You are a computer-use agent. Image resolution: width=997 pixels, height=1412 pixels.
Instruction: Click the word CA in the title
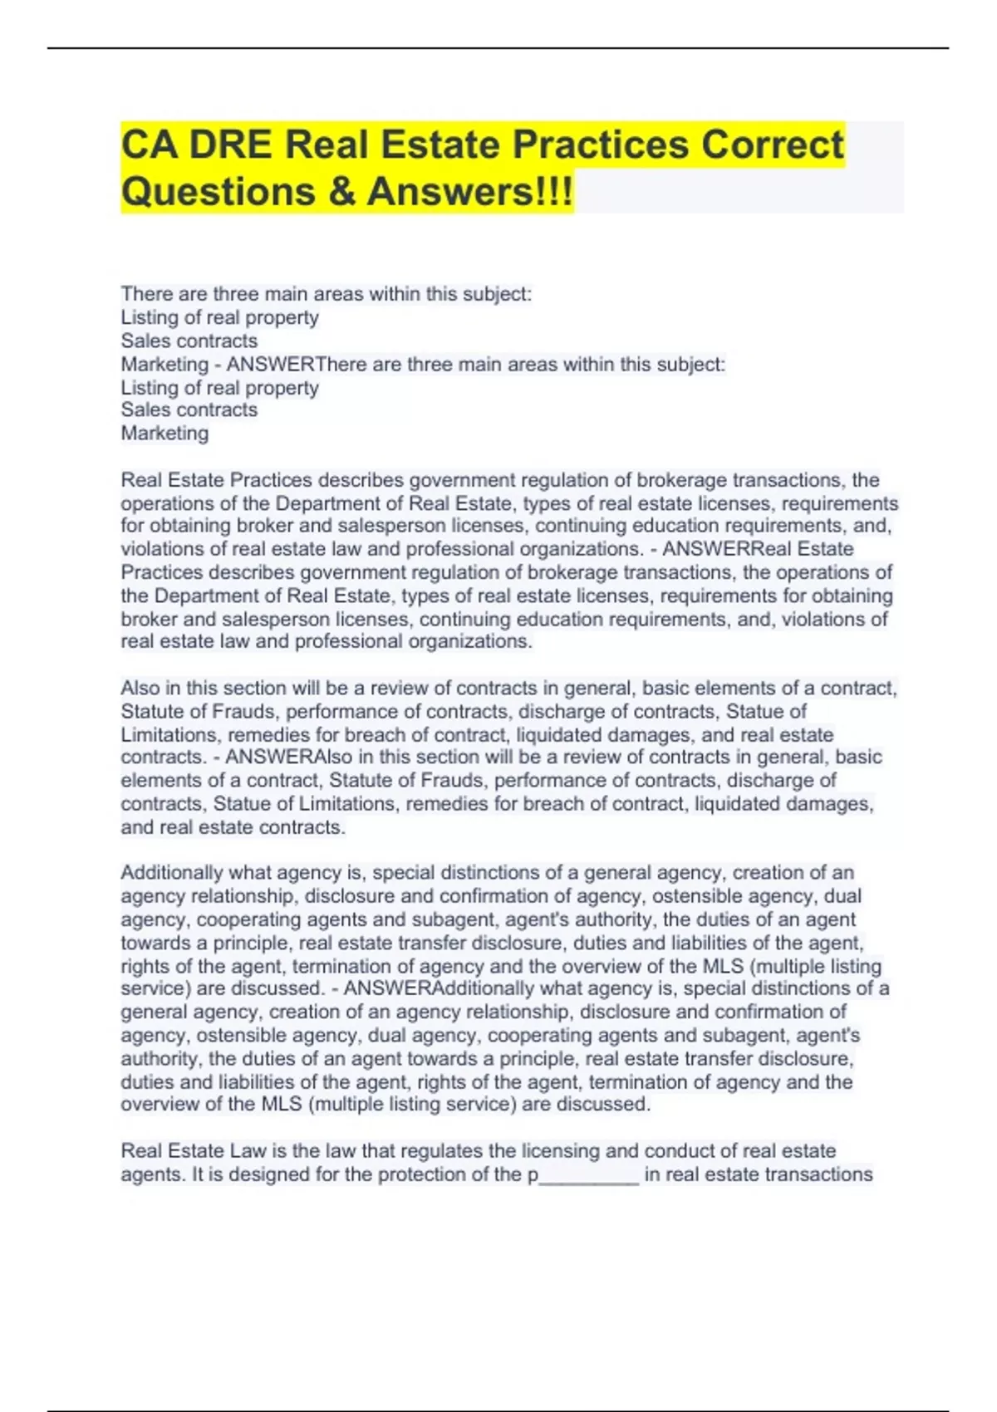(149, 145)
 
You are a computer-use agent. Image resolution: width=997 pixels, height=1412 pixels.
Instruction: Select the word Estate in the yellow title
(441, 145)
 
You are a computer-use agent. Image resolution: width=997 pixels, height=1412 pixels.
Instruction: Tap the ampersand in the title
(341, 192)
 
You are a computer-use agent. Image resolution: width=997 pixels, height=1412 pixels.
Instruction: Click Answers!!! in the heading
(469, 192)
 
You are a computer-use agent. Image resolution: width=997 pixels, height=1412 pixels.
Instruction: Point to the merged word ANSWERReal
(758, 549)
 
